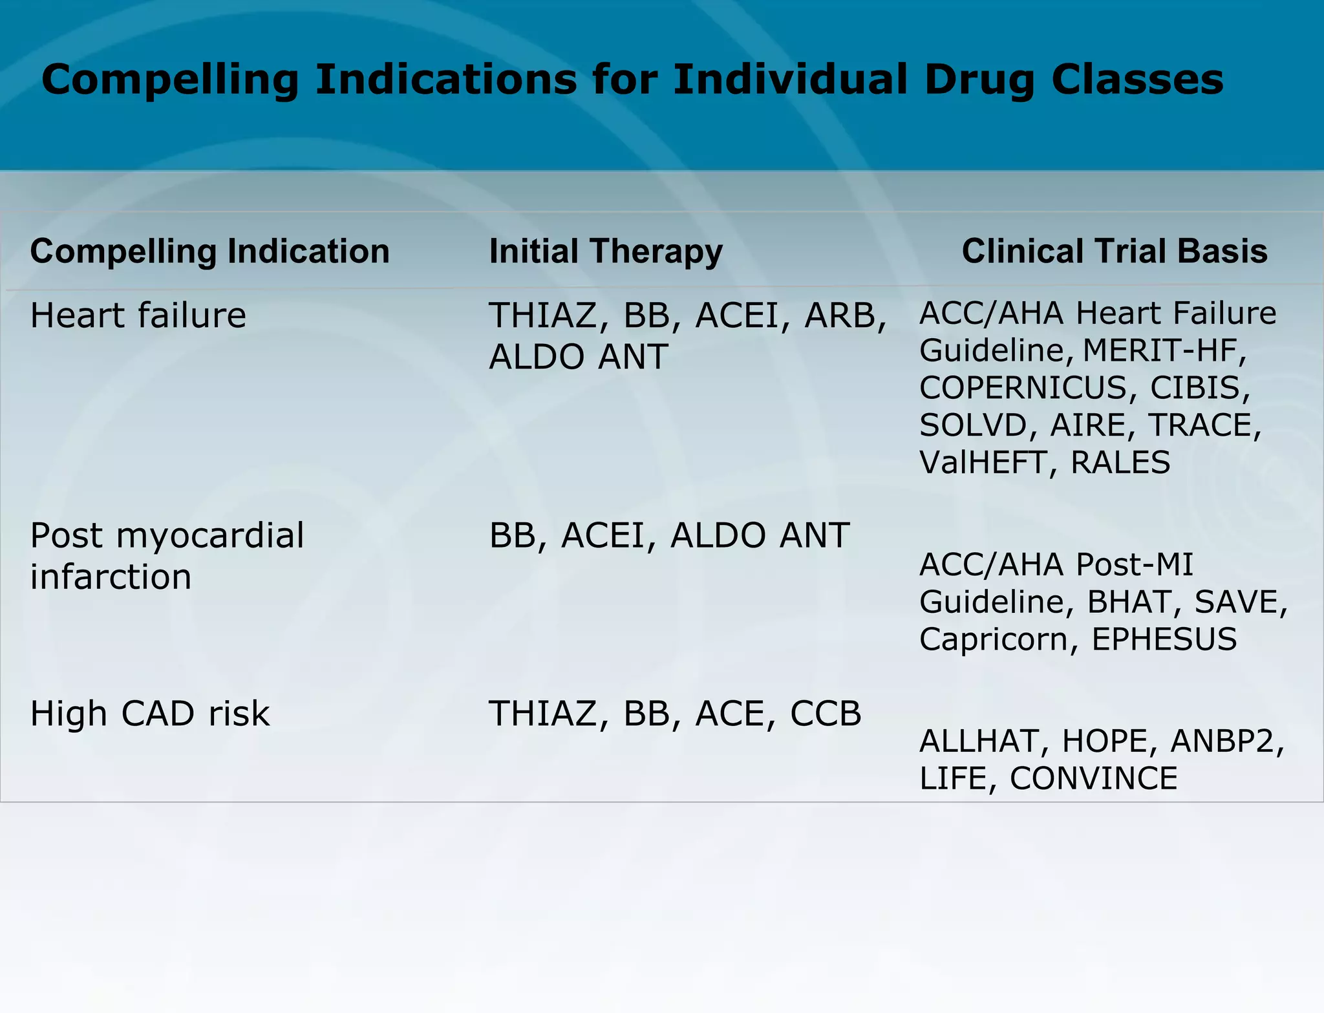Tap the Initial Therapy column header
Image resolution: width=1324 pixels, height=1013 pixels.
606,251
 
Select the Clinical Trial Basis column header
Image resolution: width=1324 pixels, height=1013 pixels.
1114,251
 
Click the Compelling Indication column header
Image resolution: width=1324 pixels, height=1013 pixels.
209,251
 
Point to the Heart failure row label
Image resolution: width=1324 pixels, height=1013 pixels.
138,316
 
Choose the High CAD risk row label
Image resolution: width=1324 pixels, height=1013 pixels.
149,714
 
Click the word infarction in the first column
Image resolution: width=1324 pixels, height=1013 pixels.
111,577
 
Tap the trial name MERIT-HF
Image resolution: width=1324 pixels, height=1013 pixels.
1163,350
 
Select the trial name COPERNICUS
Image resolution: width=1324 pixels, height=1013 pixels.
1023,388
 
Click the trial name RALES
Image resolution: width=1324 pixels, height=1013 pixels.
1120,463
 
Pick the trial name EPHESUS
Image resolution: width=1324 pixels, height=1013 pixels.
1164,639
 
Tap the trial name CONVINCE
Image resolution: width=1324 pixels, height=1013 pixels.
1093,778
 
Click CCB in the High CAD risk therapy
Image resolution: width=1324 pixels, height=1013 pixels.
826,714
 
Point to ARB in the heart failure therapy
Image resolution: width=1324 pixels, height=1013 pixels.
843,316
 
